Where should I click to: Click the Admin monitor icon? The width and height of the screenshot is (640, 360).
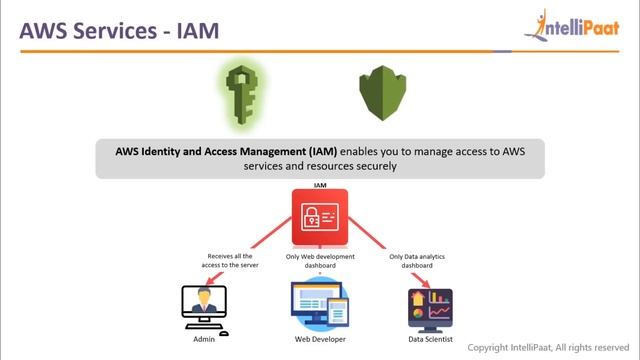click(204, 306)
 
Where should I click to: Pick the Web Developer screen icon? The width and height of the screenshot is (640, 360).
click(319, 307)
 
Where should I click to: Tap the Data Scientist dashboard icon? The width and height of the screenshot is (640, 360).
click(431, 308)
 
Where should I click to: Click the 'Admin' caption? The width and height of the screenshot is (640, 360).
click(204, 341)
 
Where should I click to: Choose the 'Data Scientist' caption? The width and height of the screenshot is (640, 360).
click(431, 341)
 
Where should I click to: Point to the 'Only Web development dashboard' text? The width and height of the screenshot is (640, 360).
click(319, 262)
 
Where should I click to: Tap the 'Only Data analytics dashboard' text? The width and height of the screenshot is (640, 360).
click(417, 262)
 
